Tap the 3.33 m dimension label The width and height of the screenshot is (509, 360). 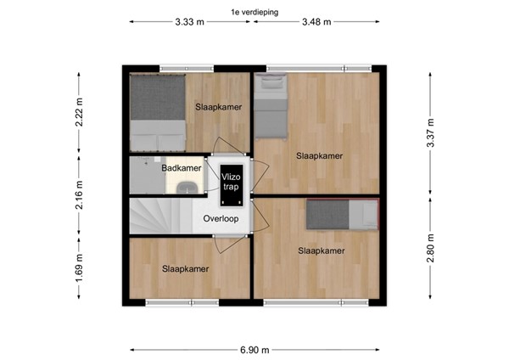[189, 22]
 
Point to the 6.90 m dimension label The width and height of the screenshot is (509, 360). [254, 349]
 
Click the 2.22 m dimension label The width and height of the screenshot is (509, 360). [79, 111]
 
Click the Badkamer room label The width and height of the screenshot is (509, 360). [182, 168]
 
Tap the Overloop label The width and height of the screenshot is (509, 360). [221, 218]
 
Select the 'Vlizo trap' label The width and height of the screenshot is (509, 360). [232, 181]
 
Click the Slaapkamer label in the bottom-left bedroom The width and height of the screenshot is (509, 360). [185, 268]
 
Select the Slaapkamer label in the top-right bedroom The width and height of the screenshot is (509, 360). [319, 155]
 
